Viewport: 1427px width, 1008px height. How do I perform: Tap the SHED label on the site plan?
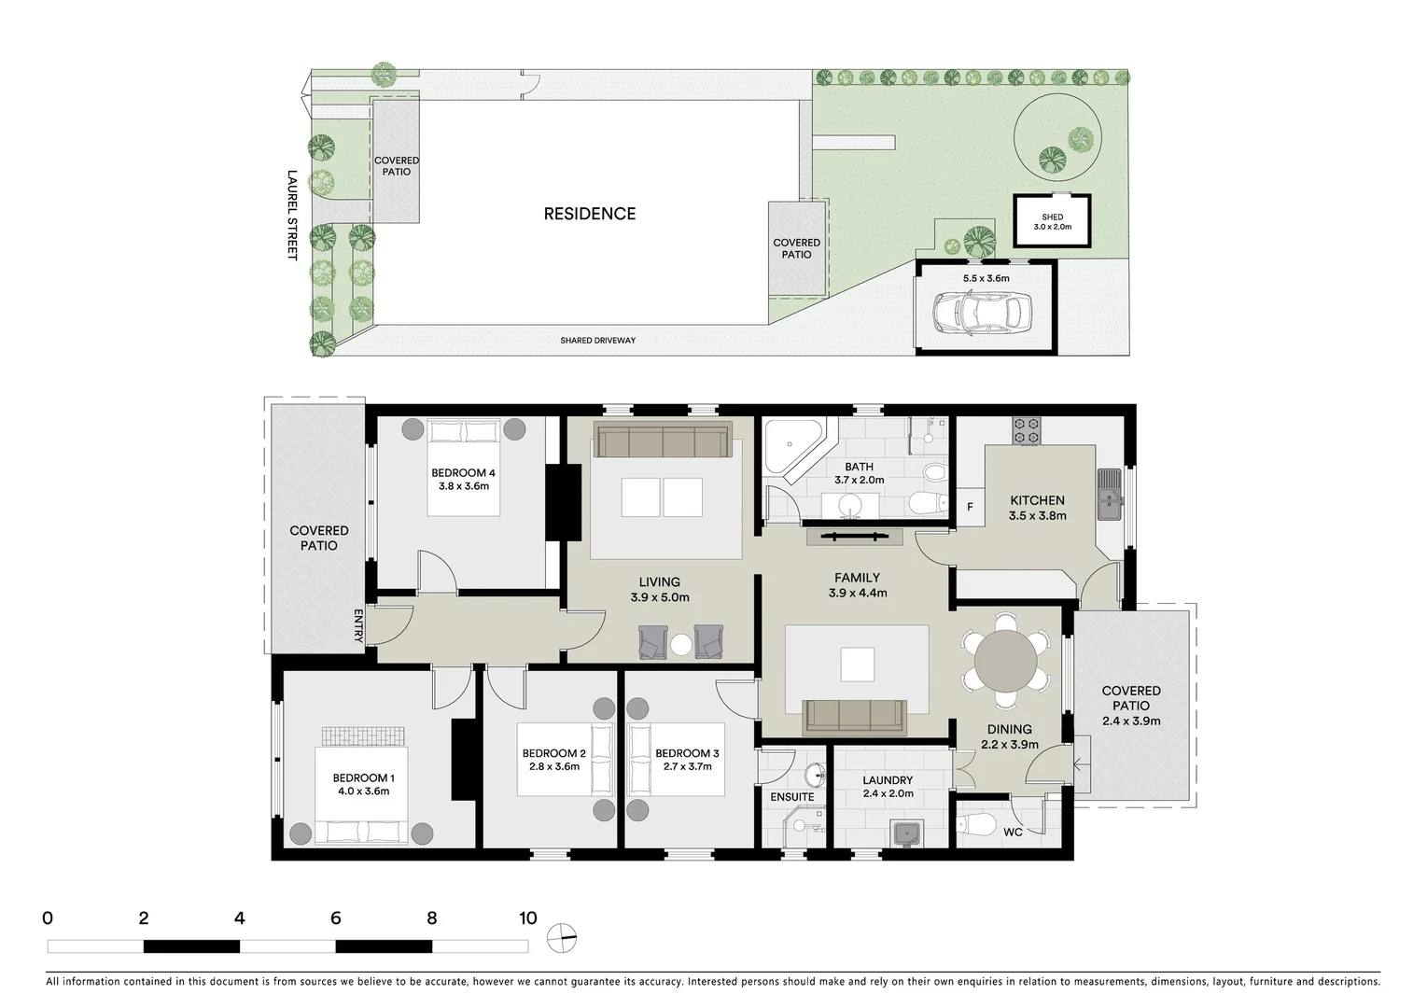coord(1052,217)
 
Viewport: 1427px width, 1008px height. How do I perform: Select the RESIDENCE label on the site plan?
coord(590,214)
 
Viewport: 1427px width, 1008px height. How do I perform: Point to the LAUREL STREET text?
coord(291,215)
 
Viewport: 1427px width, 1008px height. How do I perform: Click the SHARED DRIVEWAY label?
coord(597,341)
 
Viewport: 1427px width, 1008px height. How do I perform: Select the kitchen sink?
coord(1109,494)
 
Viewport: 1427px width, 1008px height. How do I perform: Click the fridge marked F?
coord(970,508)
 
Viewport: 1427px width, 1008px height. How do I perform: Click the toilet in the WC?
coord(978,825)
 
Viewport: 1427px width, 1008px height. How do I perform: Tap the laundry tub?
coord(904,833)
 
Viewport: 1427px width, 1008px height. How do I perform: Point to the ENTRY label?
coord(358,625)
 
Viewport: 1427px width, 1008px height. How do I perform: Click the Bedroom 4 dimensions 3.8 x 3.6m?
coord(464,486)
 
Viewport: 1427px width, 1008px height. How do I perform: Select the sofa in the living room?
coord(663,441)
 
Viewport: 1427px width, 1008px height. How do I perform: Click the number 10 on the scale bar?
coord(528,917)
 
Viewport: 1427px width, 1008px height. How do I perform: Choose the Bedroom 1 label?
coord(363,777)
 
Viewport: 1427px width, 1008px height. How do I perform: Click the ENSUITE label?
coord(791,797)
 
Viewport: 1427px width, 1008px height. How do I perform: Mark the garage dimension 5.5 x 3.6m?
coord(986,278)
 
